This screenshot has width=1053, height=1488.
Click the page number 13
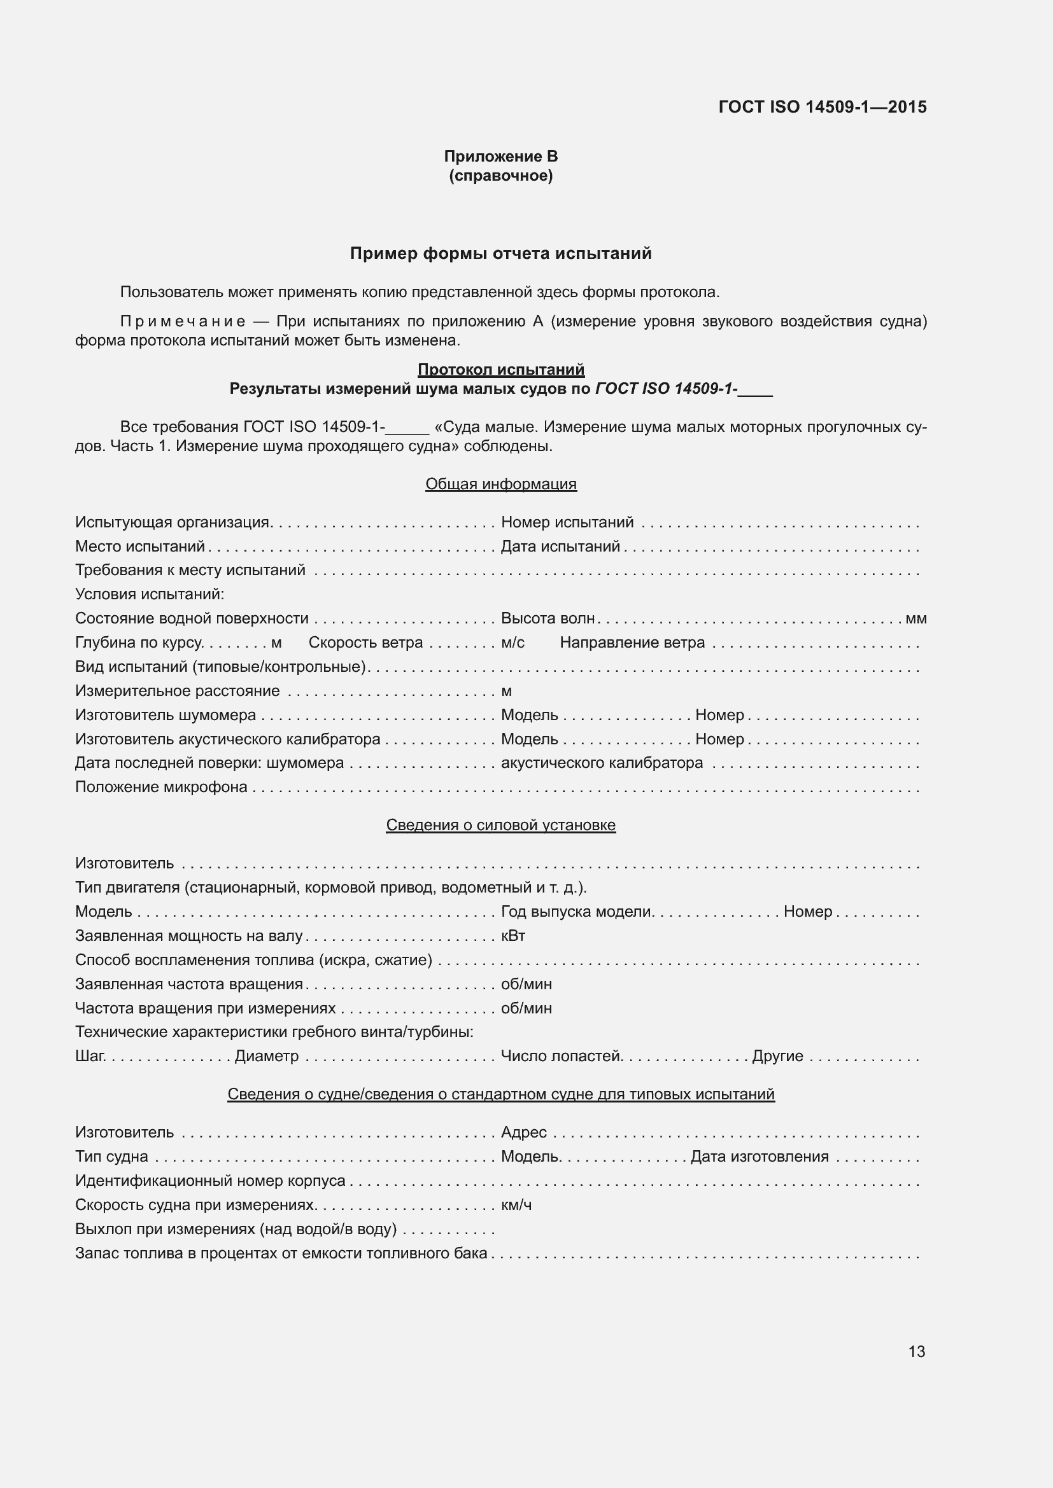point(916,1351)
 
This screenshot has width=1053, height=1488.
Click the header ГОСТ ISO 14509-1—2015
point(822,107)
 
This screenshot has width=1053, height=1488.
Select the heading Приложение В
point(500,156)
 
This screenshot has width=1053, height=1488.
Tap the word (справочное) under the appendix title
point(500,176)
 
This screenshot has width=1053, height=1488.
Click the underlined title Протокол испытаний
point(500,370)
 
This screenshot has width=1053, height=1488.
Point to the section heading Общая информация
point(500,484)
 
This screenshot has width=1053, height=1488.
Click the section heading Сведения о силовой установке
point(500,825)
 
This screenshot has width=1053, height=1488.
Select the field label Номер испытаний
point(567,522)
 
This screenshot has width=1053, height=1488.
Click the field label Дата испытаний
point(560,546)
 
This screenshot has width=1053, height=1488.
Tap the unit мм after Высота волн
point(915,619)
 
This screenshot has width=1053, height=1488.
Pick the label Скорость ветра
point(365,643)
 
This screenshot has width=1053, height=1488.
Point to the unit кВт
point(513,936)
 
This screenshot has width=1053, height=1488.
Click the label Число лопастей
point(561,1056)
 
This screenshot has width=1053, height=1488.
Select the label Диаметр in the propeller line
point(267,1056)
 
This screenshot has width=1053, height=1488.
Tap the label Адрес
point(523,1132)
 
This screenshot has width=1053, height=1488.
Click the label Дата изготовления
point(760,1156)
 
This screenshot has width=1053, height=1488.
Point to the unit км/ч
point(516,1205)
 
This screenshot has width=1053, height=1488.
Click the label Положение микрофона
point(161,787)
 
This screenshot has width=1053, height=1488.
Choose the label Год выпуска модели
point(576,912)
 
